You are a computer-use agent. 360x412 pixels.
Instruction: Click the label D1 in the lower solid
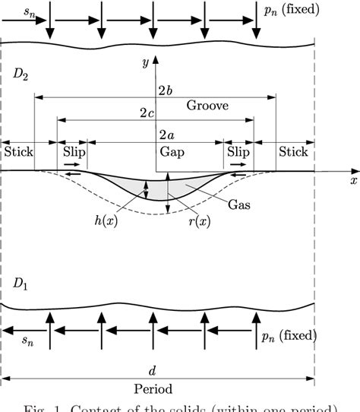click(x=18, y=283)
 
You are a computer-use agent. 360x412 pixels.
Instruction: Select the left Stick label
click(x=18, y=151)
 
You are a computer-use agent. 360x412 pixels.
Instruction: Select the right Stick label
click(x=293, y=151)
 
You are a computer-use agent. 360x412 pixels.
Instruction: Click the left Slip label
click(x=74, y=151)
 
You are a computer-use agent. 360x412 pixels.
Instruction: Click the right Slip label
click(x=238, y=151)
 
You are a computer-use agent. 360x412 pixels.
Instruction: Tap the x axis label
click(x=353, y=182)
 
